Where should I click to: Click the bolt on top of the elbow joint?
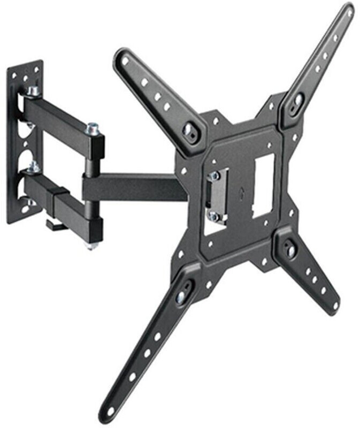click(x=94, y=128)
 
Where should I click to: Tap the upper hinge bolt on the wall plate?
click(x=34, y=91)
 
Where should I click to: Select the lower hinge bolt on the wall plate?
click(x=33, y=166)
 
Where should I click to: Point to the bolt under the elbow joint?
click(x=90, y=245)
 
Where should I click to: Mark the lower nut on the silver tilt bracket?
click(x=213, y=216)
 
